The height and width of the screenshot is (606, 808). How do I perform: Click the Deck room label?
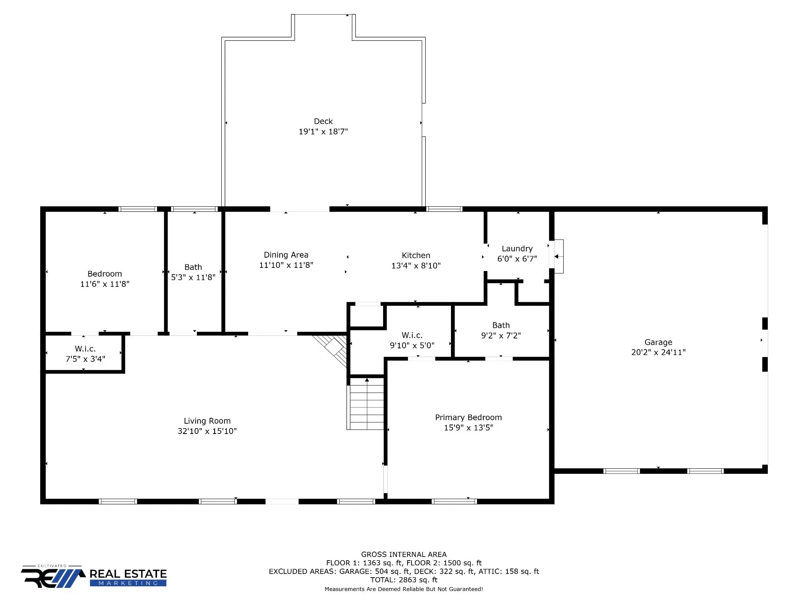323,122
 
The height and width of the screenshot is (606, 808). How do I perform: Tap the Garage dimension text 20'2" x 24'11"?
658,352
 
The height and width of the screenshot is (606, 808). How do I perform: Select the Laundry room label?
517,249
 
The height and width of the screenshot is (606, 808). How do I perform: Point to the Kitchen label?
416,255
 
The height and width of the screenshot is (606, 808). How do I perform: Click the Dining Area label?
286,255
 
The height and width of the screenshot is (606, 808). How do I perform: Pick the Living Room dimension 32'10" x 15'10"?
207,431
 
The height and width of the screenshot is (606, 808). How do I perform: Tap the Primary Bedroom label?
468,417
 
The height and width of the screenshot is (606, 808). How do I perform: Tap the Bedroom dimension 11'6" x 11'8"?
105,284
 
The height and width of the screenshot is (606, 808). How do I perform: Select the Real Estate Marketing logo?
94,576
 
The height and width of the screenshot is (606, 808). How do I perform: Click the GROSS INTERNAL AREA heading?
404,554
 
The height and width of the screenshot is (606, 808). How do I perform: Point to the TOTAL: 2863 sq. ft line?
404,580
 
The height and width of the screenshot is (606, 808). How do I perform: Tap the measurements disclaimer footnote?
404,589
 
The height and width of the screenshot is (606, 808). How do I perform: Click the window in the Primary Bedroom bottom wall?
454,501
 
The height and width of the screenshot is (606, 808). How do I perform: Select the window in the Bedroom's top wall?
138,209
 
